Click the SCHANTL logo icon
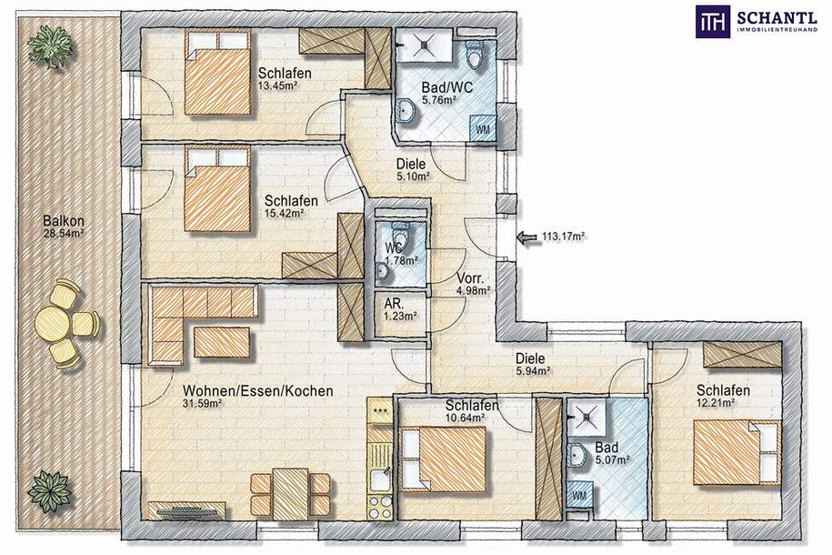point(713,22)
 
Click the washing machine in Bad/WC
point(482,128)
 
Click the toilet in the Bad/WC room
point(474,55)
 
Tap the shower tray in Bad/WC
point(425,45)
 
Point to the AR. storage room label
point(393,304)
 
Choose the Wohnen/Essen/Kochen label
point(258,391)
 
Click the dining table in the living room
point(290,494)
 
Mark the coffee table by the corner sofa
point(222,342)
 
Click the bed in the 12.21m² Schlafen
point(737,452)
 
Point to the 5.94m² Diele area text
point(533,371)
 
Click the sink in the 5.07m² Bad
point(576,456)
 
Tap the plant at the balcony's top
point(51,45)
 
